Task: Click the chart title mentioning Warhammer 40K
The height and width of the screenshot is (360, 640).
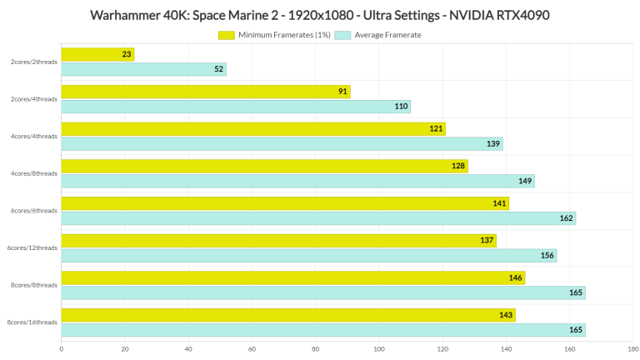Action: pos(319,15)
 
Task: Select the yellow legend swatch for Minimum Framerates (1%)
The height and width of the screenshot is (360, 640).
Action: pos(227,35)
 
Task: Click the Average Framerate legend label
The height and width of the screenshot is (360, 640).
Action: pos(387,35)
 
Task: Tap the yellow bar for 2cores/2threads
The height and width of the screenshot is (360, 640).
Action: pos(97,54)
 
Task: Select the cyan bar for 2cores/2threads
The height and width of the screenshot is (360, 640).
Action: pos(143,69)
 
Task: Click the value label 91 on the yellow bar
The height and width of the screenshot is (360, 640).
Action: pos(342,92)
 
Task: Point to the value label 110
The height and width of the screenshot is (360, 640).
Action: pos(401,107)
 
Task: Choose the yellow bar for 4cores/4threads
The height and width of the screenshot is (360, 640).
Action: pos(253,129)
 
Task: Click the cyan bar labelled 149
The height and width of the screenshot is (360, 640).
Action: pos(297,181)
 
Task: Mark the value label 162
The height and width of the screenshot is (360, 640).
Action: pos(567,218)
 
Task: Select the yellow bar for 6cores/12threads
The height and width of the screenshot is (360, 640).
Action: pos(278,241)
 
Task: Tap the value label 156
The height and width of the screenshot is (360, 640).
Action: pos(547,256)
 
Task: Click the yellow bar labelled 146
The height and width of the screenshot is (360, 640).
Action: pos(292,277)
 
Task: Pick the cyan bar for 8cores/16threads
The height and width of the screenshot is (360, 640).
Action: pos(322,330)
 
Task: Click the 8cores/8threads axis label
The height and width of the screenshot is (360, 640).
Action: pos(34,285)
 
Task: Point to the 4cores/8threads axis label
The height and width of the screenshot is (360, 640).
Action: pos(34,173)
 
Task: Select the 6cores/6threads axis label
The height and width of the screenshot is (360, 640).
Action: pos(34,211)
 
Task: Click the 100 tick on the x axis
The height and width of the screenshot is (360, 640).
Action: pos(379,349)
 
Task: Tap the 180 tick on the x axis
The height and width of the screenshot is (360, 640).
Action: pos(632,349)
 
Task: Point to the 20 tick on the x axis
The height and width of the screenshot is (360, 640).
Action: pos(125,349)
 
